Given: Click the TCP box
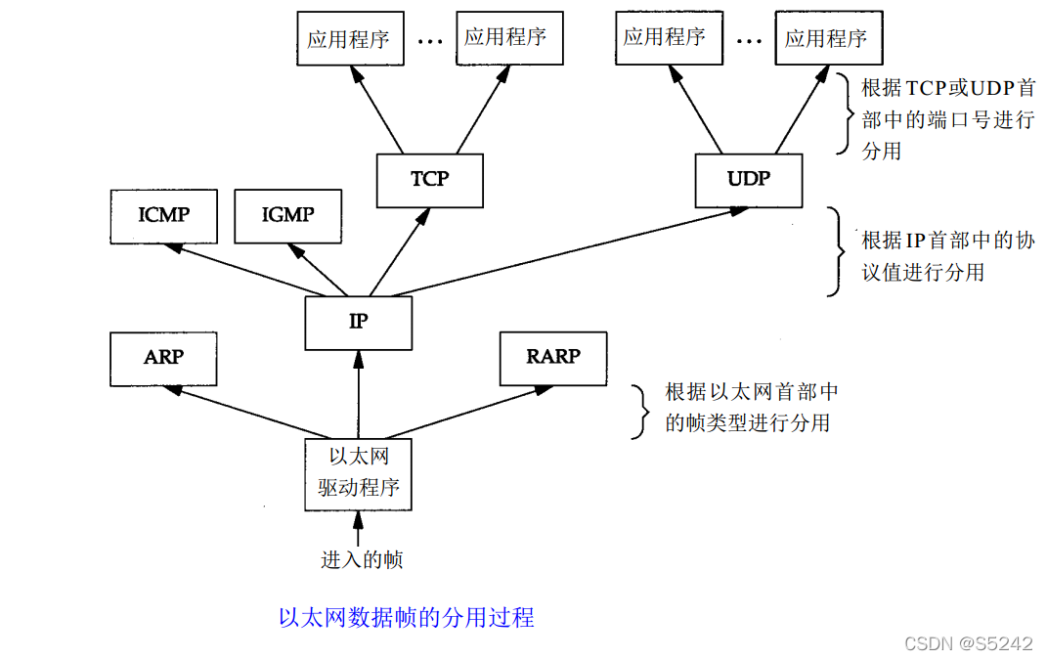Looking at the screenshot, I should [430, 180].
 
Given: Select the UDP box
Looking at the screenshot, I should [749, 180].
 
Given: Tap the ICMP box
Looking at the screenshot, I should [163, 215].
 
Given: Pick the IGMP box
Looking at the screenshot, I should [288, 215].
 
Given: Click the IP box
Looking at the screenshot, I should [358, 323].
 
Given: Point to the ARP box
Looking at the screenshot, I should [163, 358].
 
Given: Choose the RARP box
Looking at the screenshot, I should [552, 358].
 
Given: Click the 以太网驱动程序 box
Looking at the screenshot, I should [358, 473].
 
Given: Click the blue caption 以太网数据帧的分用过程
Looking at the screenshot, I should [406, 618].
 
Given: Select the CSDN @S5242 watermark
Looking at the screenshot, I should [968, 642].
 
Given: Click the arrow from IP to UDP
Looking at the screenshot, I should [567, 250].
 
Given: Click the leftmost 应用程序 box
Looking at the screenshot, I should [348, 39].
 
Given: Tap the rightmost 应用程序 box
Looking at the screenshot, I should [826, 39].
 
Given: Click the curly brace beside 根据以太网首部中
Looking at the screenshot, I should [640, 410].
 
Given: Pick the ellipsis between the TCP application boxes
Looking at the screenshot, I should [431, 41].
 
